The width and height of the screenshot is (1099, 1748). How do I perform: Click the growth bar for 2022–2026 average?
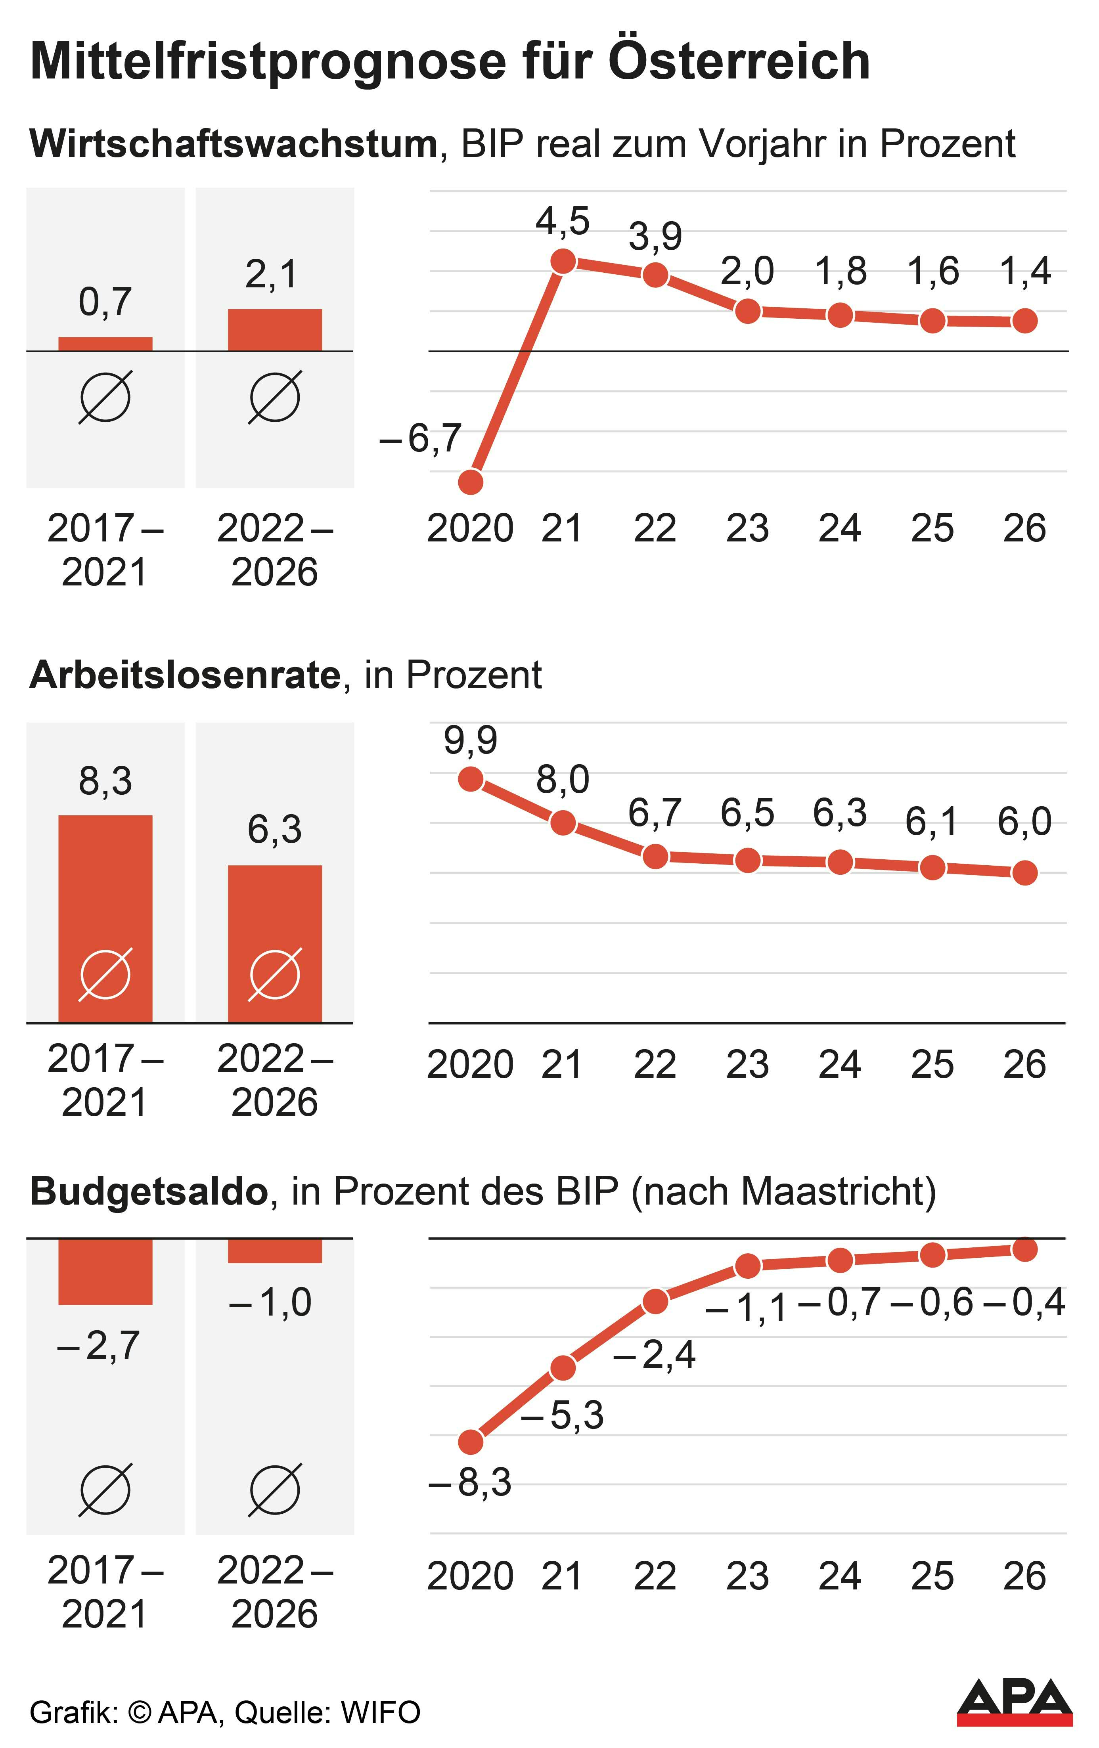coord(274,330)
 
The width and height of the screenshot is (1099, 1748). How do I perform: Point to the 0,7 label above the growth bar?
coord(105,302)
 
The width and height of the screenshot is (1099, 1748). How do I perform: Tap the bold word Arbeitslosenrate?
coord(185,675)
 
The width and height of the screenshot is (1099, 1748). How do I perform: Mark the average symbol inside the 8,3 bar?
coord(105,974)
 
